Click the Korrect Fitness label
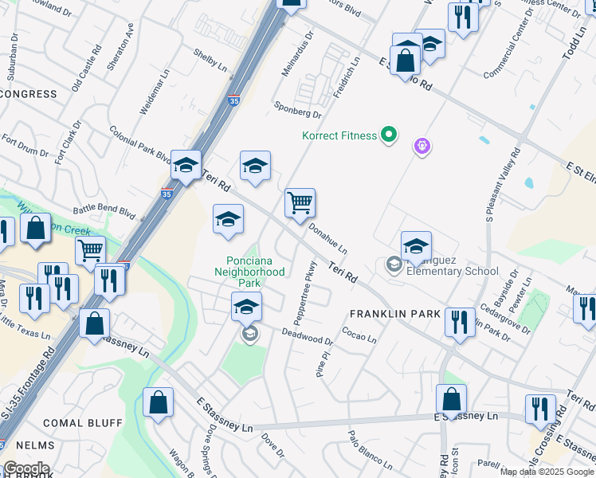[x=339, y=135]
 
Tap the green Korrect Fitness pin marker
[x=389, y=135]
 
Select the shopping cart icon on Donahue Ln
[x=300, y=203]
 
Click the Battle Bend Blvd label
[x=104, y=210]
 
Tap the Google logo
[x=26, y=468]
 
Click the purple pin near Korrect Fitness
[x=422, y=147]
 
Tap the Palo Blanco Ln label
[x=371, y=447]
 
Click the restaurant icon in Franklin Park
[x=459, y=322]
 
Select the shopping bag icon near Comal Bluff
[x=158, y=402]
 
